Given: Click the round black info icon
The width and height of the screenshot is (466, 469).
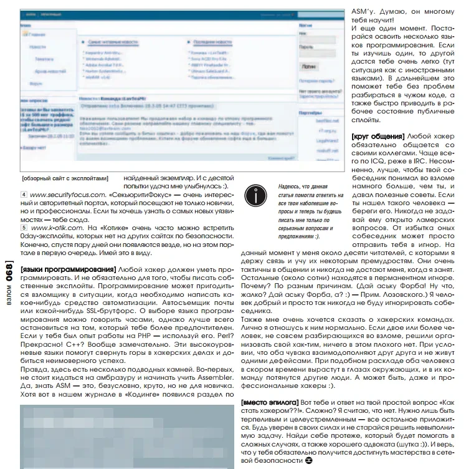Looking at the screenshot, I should [x=255, y=196].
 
